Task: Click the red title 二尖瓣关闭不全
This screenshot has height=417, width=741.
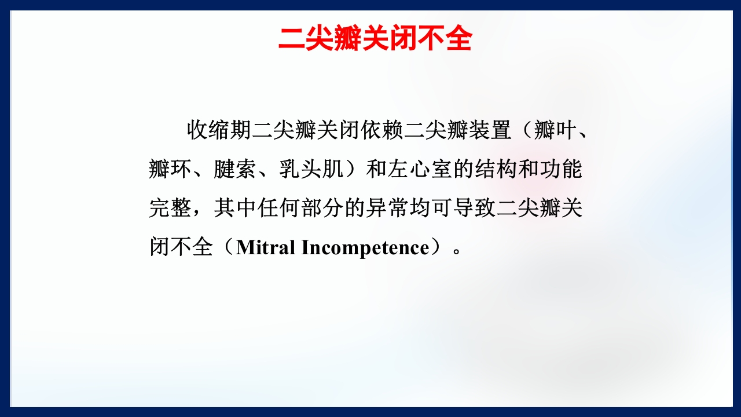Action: (375, 39)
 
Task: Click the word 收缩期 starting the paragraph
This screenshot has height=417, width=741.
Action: (219, 130)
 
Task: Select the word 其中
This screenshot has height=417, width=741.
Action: (235, 208)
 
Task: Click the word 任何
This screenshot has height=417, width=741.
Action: (278, 208)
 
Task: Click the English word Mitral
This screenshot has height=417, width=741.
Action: (266, 247)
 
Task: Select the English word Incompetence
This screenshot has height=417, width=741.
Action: (365, 247)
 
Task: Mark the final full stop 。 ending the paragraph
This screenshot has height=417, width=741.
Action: (457, 250)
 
